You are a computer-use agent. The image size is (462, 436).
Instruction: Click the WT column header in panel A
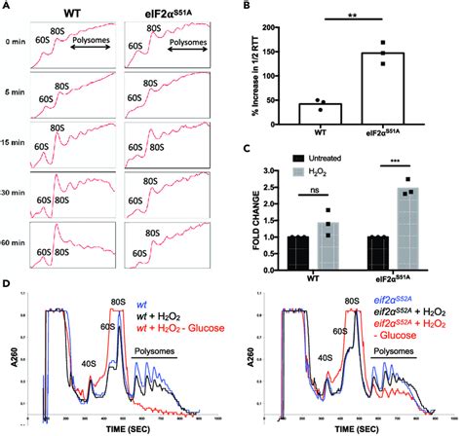72,13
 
